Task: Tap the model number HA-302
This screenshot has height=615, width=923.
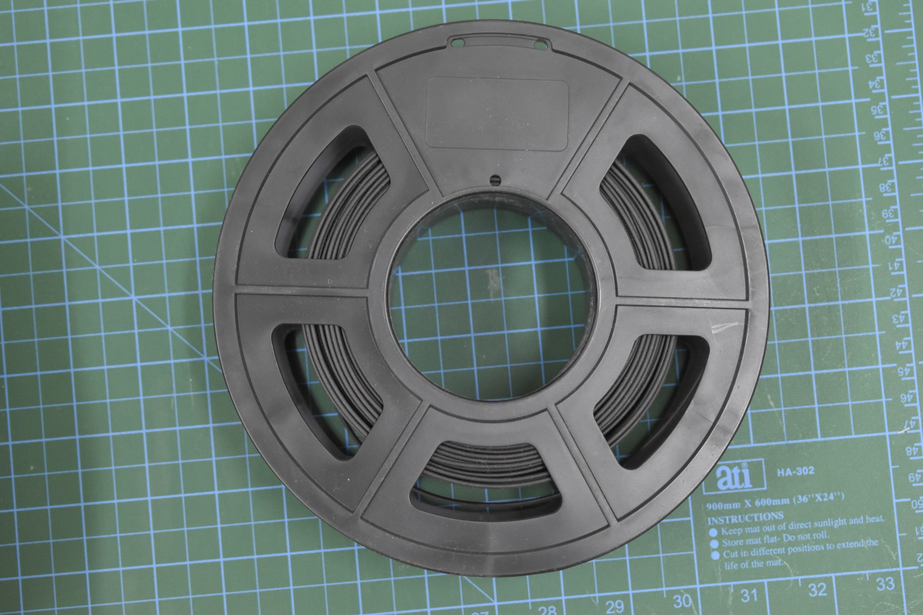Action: [x=795, y=471]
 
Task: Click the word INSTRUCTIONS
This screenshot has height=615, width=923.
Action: [x=746, y=517]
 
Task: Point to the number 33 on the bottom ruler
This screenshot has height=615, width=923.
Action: [x=886, y=583]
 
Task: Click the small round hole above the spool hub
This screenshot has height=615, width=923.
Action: [x=495, y=179]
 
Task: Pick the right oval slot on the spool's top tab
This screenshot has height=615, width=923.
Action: [x=539, y=45]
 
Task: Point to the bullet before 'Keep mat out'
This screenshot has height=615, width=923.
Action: [x=713, y=531]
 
